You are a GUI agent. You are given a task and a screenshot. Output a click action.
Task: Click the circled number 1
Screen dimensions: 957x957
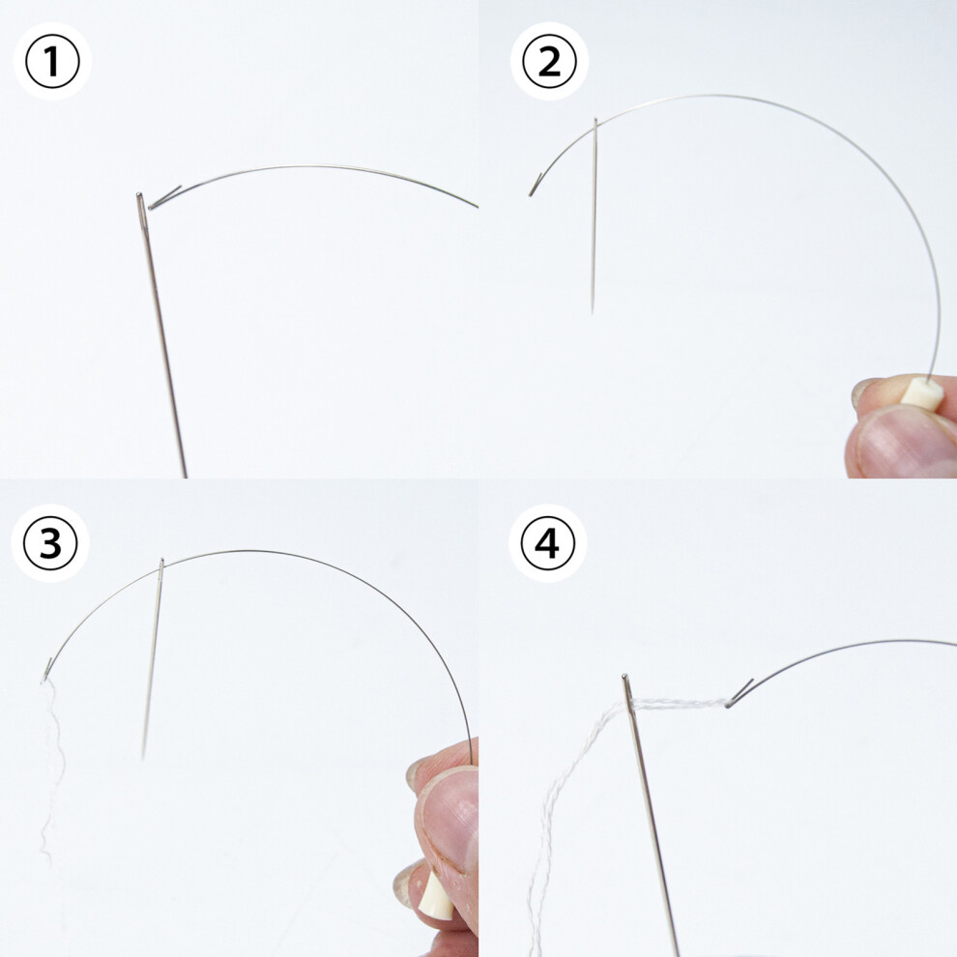[x=52, y=61]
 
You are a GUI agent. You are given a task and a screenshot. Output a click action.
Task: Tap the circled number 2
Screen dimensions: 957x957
[x=549, y=61]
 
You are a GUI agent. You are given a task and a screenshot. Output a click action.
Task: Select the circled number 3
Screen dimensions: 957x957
[x=50, y=542]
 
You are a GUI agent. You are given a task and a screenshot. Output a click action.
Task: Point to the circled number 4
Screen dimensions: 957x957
[x=548, y=542]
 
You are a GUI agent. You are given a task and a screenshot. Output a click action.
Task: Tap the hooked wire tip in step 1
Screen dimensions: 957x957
[x=151, y=207]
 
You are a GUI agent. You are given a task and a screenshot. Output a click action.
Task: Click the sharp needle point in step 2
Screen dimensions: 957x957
[x=592, y=311]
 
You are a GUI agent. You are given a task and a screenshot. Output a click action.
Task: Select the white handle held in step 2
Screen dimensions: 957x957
[x=923, y=393]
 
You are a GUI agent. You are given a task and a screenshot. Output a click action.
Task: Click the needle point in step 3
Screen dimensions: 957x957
[x=143, y=757]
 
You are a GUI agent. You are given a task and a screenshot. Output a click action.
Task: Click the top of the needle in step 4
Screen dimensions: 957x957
[x=624, y=677]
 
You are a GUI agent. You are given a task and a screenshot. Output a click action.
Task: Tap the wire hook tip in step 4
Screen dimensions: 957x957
[x=728, y=705]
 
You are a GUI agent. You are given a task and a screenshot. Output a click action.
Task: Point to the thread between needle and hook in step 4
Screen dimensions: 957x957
[x=679, y=704]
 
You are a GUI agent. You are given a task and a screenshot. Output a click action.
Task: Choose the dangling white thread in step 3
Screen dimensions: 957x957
[x=52, y=769]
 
